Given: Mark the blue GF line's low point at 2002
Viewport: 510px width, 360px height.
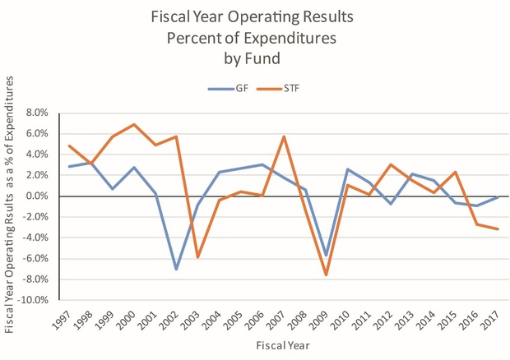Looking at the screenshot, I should [176, 269].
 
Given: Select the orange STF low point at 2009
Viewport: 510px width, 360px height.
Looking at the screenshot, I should [327, 275].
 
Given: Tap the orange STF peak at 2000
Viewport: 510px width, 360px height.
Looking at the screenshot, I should [133, 124].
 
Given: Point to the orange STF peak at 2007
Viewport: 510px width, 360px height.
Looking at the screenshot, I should [284, 136].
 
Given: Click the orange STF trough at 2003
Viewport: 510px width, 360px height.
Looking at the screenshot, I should [197, 257].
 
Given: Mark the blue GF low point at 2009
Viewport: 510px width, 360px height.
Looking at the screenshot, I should [327, 256].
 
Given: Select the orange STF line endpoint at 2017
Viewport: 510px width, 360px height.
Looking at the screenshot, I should [498, 228].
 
